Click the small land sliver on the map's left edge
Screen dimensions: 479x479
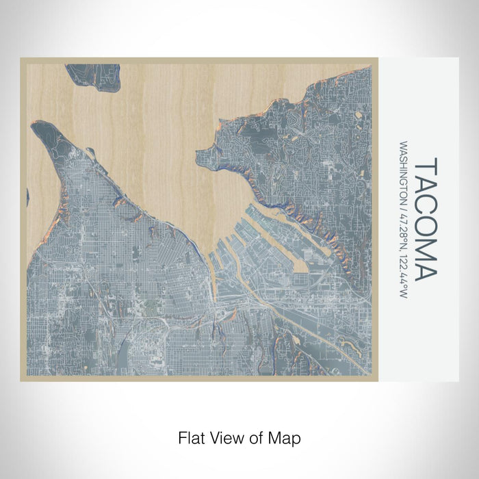pos(28,197)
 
